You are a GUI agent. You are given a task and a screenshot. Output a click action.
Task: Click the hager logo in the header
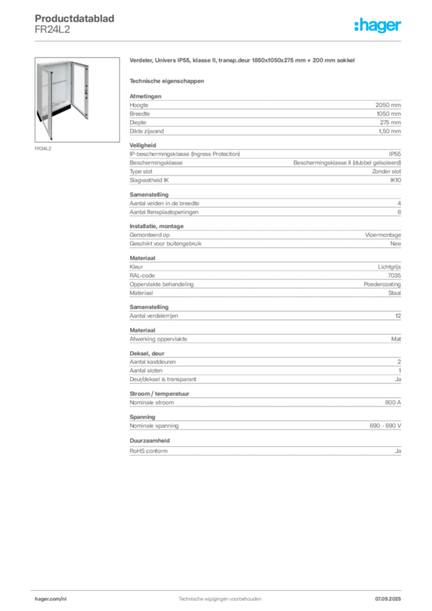click(x=378, y=25)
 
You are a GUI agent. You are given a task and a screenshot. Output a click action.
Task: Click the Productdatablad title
click(x=75, y=18)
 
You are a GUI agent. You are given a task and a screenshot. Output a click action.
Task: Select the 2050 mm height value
click(x=388, y=105)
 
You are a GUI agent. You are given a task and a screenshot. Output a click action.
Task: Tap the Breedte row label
click(x=140, y=114)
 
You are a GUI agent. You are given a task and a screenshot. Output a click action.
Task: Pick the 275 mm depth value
click(x=390, y=122)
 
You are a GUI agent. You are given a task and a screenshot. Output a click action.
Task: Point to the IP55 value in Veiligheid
click(x=395, y=154)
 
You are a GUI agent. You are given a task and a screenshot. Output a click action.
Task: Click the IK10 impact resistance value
click(x=396, y=180)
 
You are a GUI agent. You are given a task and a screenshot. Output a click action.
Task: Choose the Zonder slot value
click(x=387, y=171)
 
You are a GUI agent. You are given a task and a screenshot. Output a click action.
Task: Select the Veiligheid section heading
click(x=143, y=146)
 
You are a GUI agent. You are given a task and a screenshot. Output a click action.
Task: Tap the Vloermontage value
click(x=383, y=235)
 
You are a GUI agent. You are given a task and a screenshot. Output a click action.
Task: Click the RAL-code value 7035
click(x=394, y=276)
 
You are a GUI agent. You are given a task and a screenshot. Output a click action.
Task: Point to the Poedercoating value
click(x=382, y=285)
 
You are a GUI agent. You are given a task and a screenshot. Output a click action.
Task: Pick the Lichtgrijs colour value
click(x=389, y=267)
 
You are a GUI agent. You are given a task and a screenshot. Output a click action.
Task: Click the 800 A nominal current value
click(x=393, y=403)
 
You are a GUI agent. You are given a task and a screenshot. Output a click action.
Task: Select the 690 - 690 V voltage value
click(x=385, y=426)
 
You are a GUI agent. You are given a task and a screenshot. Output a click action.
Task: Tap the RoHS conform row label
click(x=149, y=451)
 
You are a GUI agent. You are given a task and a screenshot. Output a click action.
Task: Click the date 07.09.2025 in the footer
click(x=388, y=599)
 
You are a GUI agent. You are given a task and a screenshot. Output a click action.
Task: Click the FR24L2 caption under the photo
click(x=43, y=149)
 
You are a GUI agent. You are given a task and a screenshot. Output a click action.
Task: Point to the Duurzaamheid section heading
click(x=150, y=441)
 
